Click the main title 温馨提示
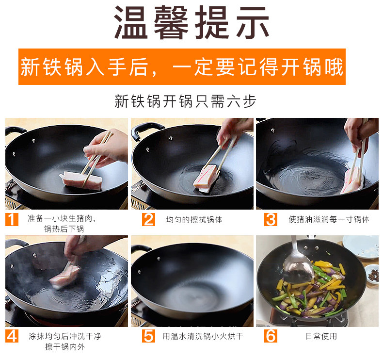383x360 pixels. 191,22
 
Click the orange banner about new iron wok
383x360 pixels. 182,67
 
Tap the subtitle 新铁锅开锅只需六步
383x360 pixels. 185,101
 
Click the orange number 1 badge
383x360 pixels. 12,219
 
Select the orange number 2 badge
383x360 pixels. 148,219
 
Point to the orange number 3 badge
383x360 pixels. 271,219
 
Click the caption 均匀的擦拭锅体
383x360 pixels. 194,220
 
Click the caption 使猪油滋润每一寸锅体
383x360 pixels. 329,219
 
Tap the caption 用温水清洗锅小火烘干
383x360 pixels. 203,336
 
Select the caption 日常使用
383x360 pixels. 321,336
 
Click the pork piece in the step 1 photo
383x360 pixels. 81,181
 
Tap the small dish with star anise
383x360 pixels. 372,274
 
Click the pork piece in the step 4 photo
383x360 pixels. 64,276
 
